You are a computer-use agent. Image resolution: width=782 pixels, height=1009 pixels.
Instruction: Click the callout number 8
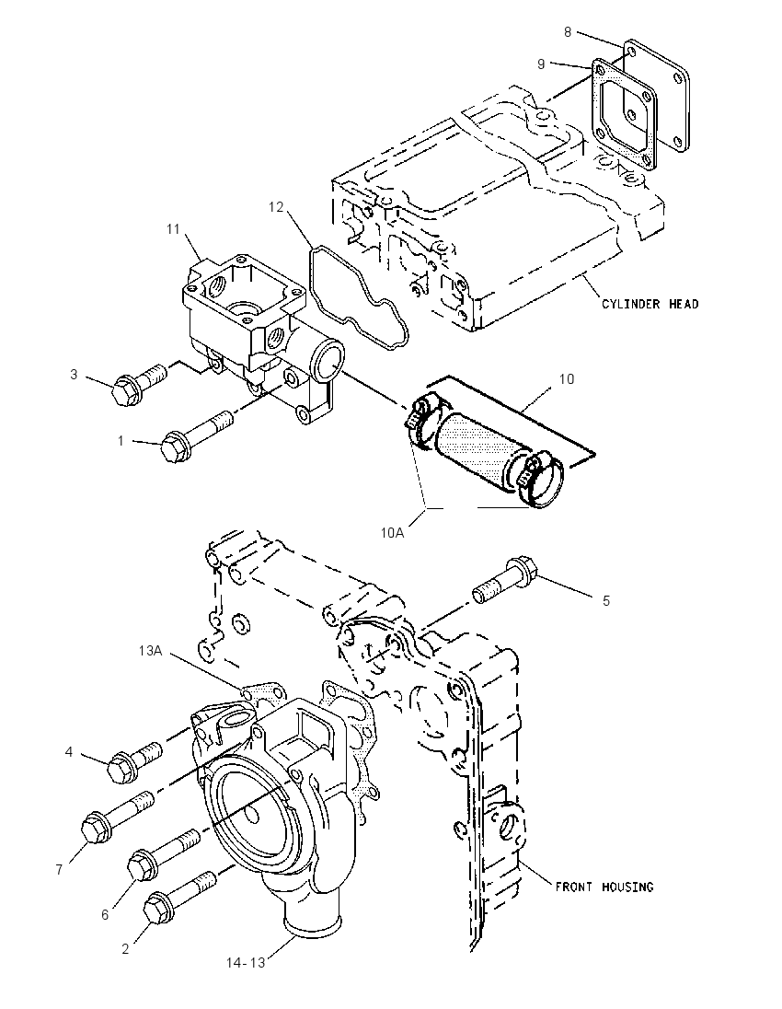(568, 31)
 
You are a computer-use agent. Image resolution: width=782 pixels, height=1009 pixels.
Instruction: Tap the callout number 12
(276, 206)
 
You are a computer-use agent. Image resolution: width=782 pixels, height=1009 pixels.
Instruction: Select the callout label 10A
(392, 532)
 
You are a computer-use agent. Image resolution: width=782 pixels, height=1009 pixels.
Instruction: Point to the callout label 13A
(150, 651)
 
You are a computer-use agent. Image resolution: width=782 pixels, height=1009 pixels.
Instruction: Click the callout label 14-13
(246, 963)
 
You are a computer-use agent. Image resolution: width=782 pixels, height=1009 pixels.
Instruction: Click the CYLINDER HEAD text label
(650, 303)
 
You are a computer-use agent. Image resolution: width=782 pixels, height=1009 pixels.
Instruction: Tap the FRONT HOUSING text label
(604, 887)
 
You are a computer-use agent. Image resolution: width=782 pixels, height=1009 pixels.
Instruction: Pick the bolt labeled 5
(505, 580)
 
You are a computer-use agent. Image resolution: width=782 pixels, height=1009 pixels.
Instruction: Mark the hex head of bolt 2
(157, 908)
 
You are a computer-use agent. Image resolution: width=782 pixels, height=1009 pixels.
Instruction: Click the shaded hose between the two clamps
(473, 446)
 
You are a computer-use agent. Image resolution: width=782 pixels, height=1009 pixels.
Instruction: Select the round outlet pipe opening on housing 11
(327, 363)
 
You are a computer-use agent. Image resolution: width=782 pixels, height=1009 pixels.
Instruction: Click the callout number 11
(173, 228)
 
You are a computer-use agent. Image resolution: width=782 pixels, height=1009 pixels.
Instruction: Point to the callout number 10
(567, 379)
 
